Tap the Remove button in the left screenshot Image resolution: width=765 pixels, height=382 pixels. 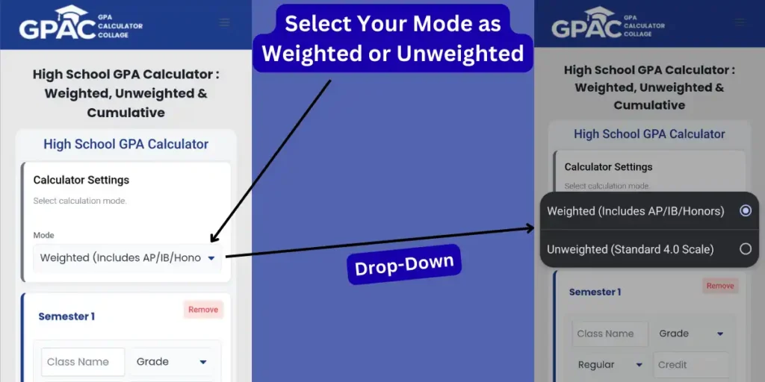pos(203,310)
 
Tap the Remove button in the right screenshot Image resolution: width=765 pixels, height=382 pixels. pos(719,286)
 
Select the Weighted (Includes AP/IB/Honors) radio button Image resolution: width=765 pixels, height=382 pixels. pos(745,211)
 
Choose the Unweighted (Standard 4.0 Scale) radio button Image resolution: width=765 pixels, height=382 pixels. pos(745,249)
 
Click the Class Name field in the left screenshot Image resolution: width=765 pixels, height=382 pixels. pos(82,362)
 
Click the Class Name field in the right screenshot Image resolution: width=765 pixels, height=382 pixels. pos(610,334)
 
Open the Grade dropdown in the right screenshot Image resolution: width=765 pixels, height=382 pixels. pos(690,334)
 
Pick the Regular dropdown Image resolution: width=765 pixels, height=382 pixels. pos(610,365)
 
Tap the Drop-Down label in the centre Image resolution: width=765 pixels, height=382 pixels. pos(404,265)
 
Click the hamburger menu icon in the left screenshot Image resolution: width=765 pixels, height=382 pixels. pos(225,22)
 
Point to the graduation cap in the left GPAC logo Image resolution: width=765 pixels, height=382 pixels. pos(71,13)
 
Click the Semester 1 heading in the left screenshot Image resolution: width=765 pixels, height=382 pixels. pos(66,316)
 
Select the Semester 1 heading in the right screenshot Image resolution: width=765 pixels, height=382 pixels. pos(595,292)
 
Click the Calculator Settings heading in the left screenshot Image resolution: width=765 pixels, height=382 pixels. pos(81,180)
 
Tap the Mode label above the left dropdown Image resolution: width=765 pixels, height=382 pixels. pos(43,235)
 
